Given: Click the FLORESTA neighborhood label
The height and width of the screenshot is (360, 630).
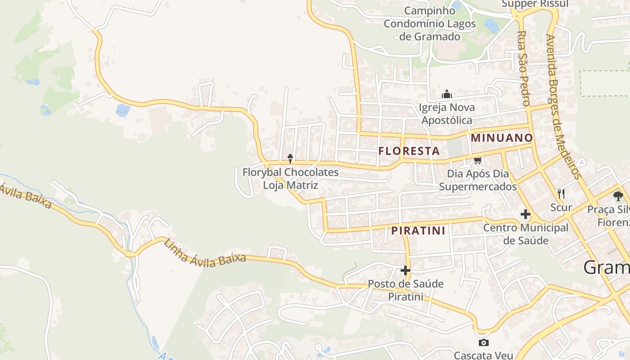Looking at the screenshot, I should click(409, 151).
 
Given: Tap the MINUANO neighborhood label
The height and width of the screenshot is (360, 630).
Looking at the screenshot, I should click(502, 138).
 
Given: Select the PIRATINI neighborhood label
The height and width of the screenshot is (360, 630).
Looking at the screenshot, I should click(418, 231).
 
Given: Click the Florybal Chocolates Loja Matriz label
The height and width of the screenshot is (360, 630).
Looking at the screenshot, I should click(290, 179).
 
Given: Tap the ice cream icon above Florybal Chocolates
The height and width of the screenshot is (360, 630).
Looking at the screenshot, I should click(290, 158).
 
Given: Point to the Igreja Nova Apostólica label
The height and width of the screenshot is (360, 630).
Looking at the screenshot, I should click(446, 114).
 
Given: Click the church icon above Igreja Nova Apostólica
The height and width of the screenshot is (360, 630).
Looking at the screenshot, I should click(446, 94).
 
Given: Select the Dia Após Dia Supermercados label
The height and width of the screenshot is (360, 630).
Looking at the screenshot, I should click(478, 180).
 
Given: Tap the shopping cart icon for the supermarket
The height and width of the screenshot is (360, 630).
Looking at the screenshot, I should click(477, 160).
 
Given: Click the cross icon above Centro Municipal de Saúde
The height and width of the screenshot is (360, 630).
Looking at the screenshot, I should click(525, 214).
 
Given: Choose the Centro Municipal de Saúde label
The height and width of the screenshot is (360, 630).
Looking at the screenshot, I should click(526, 234).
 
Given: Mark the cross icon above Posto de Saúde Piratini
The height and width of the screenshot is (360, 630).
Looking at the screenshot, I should click(405, 270).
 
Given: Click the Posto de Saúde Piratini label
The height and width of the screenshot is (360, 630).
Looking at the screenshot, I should click(405, 290).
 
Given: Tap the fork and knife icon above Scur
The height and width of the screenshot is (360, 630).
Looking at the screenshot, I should click(561, 194).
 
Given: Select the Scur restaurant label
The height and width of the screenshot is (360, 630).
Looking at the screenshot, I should click(561, 207).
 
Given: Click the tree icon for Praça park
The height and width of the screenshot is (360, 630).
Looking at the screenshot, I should click(618, 196).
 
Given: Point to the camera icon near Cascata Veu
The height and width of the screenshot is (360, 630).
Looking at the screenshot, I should click(483, 343).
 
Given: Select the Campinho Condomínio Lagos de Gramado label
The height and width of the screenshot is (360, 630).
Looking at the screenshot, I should click(429, 23).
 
